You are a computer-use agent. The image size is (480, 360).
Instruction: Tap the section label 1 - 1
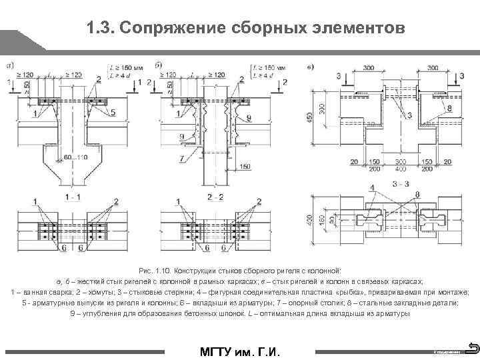[73, 197]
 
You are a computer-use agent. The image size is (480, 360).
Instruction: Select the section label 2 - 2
[215, 197]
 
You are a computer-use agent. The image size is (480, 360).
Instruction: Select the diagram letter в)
[311, 65]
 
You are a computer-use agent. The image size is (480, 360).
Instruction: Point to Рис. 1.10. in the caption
[155, 271]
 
